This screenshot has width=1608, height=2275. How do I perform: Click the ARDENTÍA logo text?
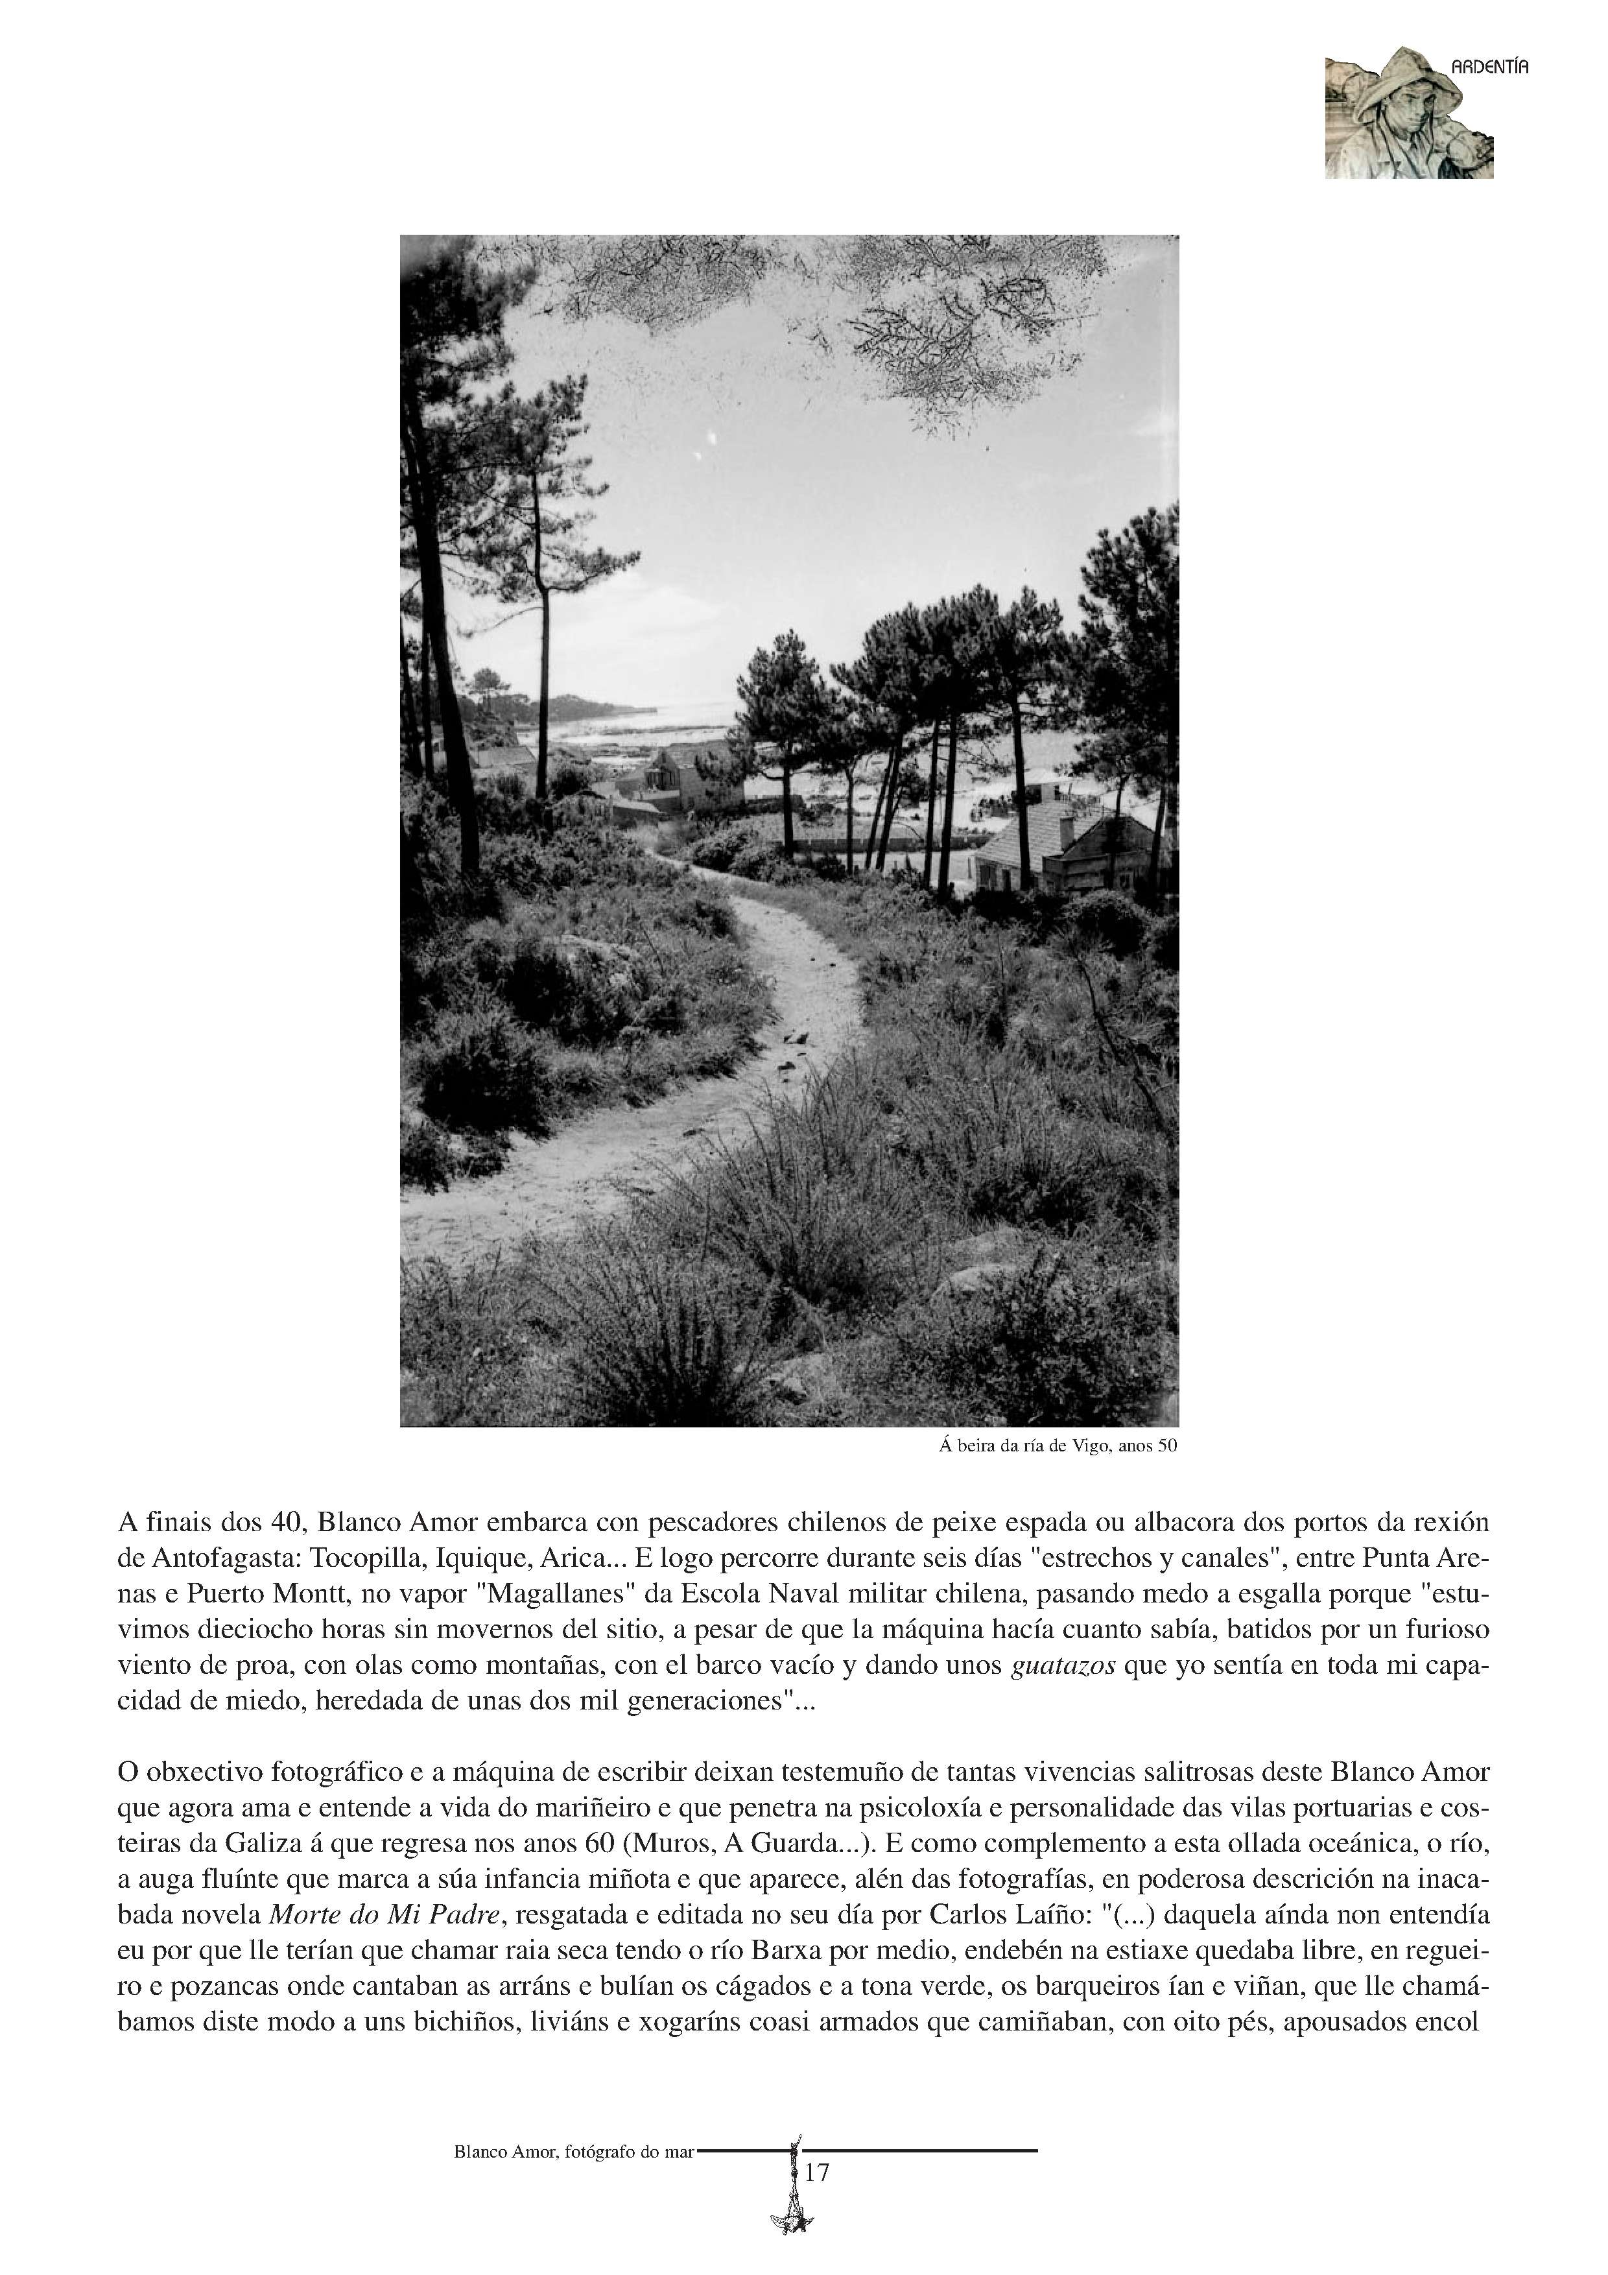pos(1489,67)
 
